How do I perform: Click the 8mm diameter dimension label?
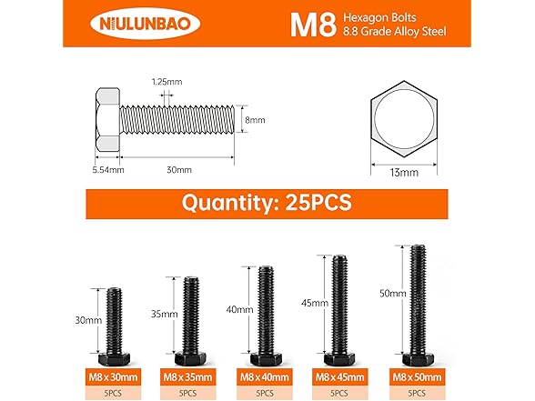click(x=256, y=119)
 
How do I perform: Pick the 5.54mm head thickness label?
click(x=106, y=169)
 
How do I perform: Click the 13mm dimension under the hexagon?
click(x=403, y=171)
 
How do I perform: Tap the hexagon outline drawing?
click(x=403, y=118)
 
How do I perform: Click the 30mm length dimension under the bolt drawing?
click(x=178, y=169)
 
